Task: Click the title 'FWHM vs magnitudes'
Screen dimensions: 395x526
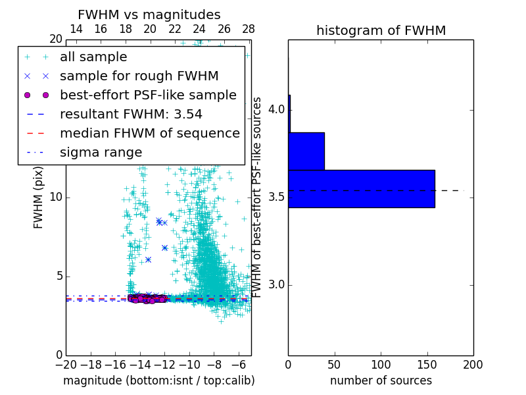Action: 149,14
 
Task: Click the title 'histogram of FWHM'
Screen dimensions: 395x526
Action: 381,30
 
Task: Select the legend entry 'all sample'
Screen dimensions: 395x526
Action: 93,57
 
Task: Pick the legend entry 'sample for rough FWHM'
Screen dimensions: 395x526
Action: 139,76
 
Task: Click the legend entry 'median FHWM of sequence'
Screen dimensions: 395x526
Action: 149,134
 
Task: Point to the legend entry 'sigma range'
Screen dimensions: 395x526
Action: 101,153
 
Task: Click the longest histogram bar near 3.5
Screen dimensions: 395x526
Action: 361,189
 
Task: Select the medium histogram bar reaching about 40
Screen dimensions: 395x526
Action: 306,151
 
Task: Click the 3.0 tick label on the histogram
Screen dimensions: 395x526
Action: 277,285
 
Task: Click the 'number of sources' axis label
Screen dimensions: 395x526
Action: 381,381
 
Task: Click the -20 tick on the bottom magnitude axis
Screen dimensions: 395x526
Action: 66,365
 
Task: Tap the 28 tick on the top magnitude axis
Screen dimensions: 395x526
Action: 249,29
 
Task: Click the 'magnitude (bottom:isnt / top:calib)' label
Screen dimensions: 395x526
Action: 158,381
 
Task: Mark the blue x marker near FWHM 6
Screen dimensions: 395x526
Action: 149,259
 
